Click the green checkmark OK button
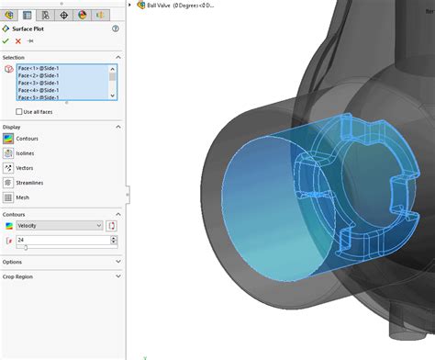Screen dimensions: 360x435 point(6,40)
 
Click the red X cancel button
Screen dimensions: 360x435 point(18,40)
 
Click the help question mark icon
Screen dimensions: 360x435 point(115,28)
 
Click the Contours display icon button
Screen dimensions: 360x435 point(8,138)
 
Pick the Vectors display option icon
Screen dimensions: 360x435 point(8,168)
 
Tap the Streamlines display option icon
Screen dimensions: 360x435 point(8,183)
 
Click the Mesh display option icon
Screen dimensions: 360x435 point(8,197)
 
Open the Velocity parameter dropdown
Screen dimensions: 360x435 point(59,225)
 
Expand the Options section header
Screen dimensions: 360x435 point(61,262)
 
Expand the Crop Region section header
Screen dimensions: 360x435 point(61,276)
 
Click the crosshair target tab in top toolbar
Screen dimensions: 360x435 point(63,16)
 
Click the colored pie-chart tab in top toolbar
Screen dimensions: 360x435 point(82,16)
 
